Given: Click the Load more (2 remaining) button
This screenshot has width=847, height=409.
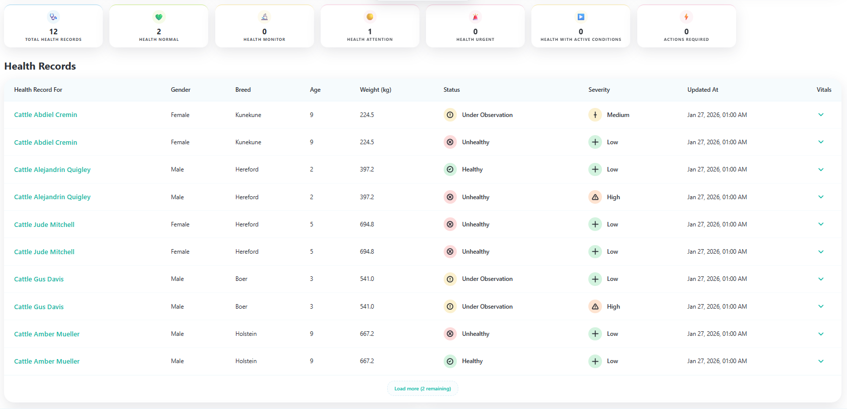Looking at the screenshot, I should [x=422, y=389].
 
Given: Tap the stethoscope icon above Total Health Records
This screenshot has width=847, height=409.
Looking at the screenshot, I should [x=53, y=17].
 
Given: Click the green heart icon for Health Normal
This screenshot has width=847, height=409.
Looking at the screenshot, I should [x=159, y=17].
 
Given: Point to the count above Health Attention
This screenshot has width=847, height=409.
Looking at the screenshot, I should [x=370, y=32].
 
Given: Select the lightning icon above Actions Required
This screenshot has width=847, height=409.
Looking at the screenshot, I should [x=686, y=17].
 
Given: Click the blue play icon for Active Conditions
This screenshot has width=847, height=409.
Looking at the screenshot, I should [x=581, y=17].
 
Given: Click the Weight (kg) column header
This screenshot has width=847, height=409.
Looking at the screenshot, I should [x=376, y=90].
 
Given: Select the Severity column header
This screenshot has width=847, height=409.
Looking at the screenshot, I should [x=599, y=90].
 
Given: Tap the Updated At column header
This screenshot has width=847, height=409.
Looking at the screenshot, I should [x=703, y=90].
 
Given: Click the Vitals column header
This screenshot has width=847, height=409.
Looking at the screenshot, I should [x=824, y=90].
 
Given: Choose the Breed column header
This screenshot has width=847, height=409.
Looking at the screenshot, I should [x=243, y=90].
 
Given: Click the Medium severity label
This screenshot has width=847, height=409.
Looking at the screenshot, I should [x=618, y=115].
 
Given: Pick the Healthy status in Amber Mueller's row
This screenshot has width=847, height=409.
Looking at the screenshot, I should [x=472, y=361].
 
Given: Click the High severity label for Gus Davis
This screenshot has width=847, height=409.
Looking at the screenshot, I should [x=614, y=307].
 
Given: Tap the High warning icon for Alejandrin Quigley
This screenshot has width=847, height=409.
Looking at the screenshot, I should [x=595, y=197].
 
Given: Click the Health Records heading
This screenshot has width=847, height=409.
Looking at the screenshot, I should [x=40, y=66].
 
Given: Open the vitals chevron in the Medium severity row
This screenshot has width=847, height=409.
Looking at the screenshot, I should [x=821, y=115].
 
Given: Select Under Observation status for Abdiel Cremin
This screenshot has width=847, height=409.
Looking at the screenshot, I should [x=487, y=115].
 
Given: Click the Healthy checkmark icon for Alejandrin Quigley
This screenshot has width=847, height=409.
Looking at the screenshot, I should [x=450, y=169].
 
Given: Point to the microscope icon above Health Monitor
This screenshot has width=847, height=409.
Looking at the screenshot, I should [x=264, y=17].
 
